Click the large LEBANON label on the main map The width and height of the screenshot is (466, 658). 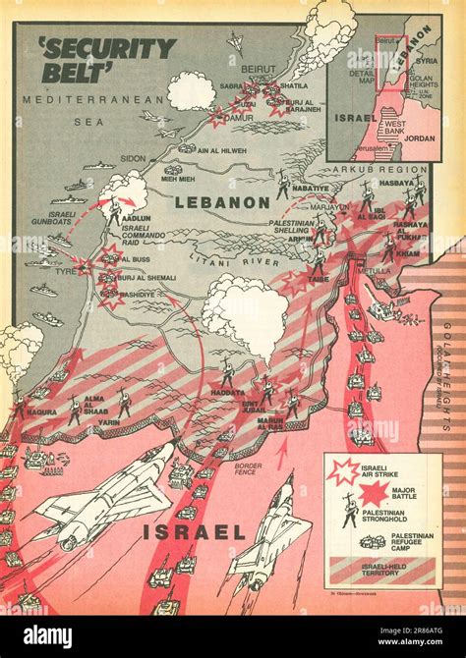(221, 202)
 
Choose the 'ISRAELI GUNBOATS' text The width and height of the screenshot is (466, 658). (62, 218)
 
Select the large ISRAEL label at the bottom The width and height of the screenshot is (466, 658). (193, 531)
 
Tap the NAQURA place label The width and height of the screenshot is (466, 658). (41, 412)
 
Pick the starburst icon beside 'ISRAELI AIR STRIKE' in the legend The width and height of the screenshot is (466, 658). (343, 471)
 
